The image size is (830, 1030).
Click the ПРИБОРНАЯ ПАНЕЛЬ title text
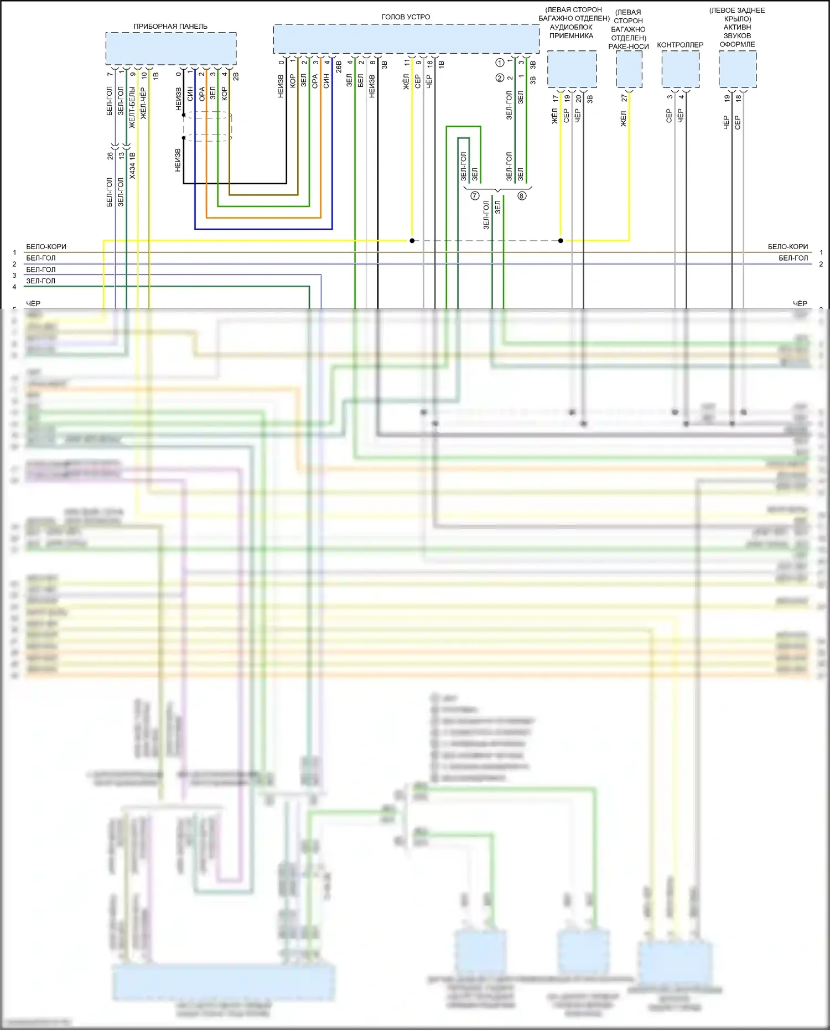(x=170, y=27)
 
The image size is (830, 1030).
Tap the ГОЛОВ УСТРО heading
(x=406, y=17)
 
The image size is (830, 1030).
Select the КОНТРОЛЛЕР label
(x=680, y=45)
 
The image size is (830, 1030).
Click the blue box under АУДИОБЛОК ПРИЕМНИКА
(x=572, y=69)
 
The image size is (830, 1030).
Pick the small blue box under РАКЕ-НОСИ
(x=629, y=69)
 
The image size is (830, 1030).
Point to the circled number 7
(x=475, y=196)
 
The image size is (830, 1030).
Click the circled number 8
(x=522, y=196)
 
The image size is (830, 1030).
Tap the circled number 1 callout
(x=500, y=63)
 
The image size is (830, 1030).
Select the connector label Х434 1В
(x=133, y=165)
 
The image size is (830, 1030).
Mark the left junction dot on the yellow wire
(x=412, y=241)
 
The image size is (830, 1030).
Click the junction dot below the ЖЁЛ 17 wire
(x=561, y=241)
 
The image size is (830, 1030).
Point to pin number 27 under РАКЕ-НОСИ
(x=624, y=98)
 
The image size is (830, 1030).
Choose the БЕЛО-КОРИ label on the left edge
(x=46, y=247)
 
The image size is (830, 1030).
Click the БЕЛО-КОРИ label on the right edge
(x=787, y=247)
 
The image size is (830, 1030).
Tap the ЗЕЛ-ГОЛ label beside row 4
(x=41, y=281)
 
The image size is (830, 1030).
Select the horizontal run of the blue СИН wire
(x=263, y=229)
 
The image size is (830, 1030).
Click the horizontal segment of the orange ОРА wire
(x=263, y=218)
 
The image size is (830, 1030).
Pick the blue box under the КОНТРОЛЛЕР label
(x=681, y=69)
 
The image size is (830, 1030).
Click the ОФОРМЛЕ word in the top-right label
(x=737, y=44)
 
